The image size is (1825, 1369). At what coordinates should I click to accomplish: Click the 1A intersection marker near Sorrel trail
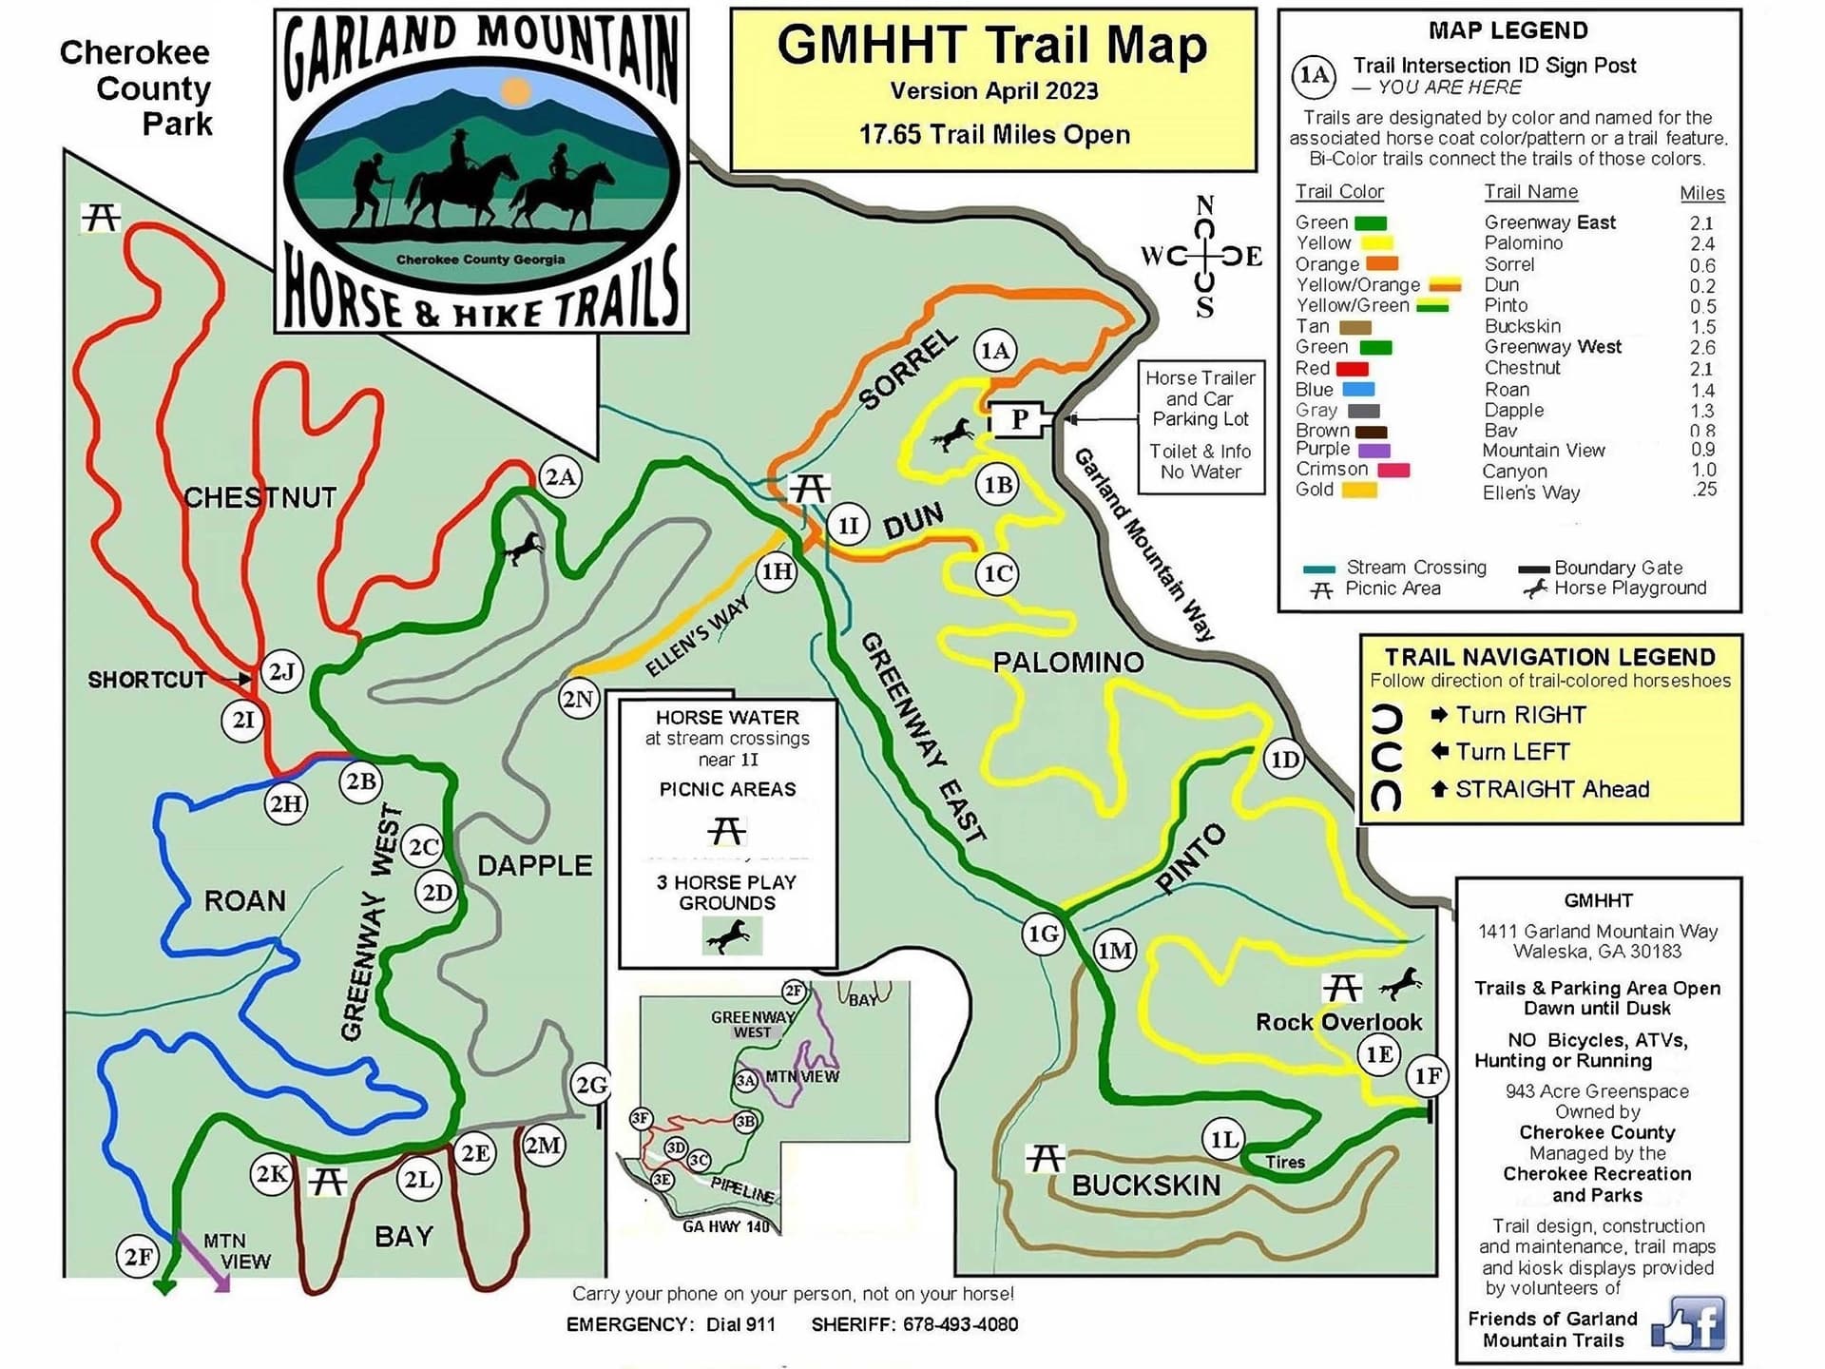pyautogui.click(x=995, y=351)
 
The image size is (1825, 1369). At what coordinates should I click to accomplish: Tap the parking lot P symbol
pyautogui.click(x=1020, y=418)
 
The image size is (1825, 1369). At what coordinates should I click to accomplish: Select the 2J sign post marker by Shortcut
pyautogui.click(x=281, y=672)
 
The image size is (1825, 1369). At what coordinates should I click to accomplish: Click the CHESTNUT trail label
pyautogui.click(x=259, y=497)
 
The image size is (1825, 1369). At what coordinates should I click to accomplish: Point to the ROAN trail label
pyautogui.click(x=244, y=900)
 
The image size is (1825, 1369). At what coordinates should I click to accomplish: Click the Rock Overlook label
pyautogui.click(x=1338, y=1022)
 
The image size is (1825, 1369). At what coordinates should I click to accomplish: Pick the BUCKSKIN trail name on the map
pyautogui.click(x=1145, y=1185)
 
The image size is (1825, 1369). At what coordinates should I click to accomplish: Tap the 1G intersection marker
pyautogui.click(x=1043, y=934)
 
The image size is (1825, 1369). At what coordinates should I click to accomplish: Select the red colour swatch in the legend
pyautogui.click(x=1352, y=369)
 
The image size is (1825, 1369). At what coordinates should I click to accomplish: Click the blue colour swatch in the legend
pyautogui.click(x=1358, y=390)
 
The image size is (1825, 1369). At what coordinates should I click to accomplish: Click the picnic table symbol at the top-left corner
pyautogui.click(x=101, y=218)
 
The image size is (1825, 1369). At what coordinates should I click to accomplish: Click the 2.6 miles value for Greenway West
pyautogui.click(x=1701, y=348)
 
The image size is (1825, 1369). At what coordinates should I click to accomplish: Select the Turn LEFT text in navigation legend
pyautogui.click(x=1512, y=752)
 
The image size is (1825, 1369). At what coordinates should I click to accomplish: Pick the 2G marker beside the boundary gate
pyautogui.click(x=591, y=1085)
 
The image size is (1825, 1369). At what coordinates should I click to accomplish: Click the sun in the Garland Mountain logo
pyautogui.click(x=515, y=91)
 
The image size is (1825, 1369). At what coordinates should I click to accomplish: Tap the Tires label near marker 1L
pyautogui.click(x=1285, y=1162)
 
